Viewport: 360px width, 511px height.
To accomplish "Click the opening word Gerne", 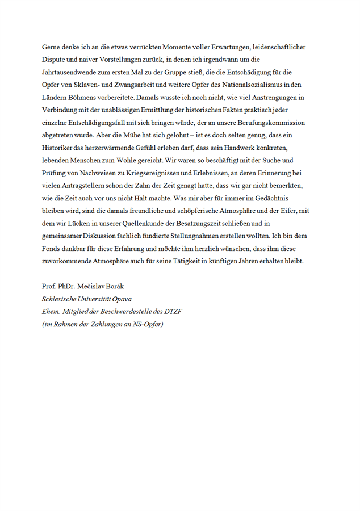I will tap(52, 47).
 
